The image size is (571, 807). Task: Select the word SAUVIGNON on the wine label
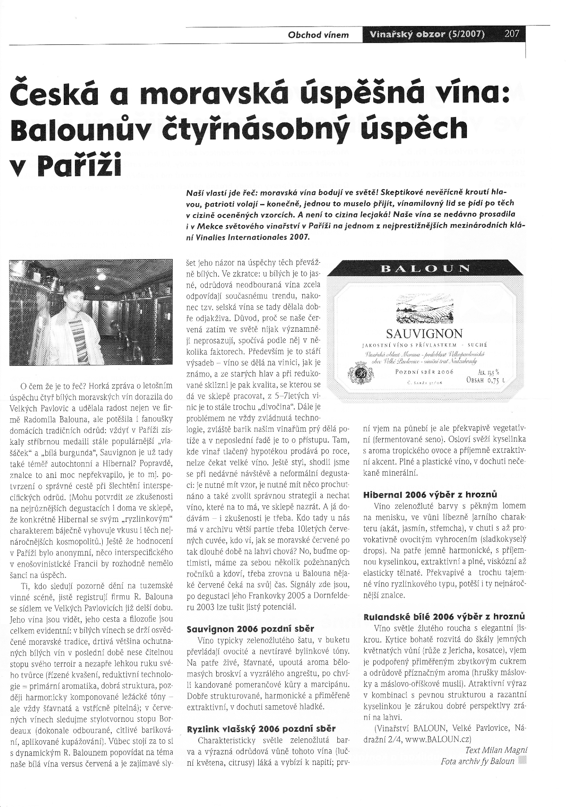424,334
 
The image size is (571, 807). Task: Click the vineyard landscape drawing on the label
424,309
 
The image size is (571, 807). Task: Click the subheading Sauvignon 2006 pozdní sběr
250,629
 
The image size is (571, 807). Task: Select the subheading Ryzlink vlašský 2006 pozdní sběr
261,729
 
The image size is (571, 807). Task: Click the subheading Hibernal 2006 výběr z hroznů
429,495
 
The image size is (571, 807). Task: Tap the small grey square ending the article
521,760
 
